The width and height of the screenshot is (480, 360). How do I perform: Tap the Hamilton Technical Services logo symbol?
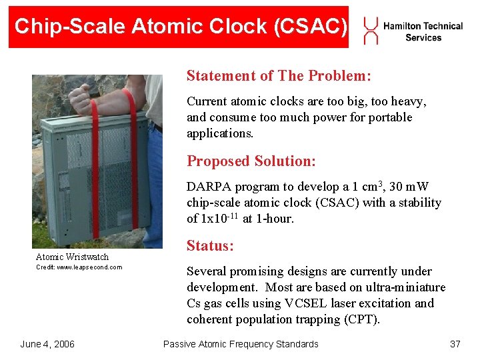point(371,31)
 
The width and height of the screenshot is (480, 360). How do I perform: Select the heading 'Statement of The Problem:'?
point(279,75)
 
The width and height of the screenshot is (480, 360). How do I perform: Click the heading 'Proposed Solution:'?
point(251,161)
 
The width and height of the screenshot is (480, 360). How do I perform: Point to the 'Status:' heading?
point(210,246)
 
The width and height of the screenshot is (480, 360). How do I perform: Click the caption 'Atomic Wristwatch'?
point(72,257)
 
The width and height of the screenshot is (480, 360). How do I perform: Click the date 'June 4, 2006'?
point(47,344)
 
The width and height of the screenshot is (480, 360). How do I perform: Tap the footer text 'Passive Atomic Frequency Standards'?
point(241,344)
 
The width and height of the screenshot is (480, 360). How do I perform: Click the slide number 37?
point(455,344)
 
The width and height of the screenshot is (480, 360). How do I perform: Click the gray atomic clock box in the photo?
point(90,180)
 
